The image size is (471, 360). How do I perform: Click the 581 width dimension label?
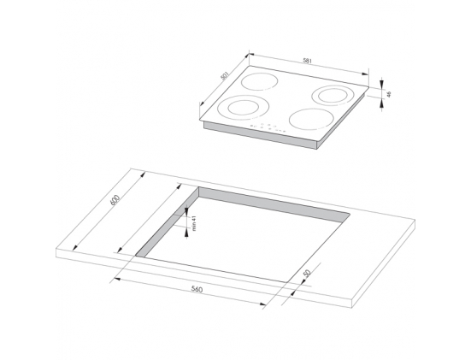[x=308, y=61]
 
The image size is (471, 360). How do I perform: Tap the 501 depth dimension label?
[x=225, y=76]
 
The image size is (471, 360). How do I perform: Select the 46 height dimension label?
[x=389, y=94]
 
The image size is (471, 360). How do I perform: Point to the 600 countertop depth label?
[x=115, y=200]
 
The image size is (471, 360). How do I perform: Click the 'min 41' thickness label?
[x=194, y=223]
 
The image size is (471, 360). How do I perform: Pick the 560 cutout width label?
[x=197, y=289]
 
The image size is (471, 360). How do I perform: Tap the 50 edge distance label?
[x=307, y=273]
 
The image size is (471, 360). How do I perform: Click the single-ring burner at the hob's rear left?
[x=259, y=81]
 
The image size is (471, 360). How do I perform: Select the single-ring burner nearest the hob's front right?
[x=311, y=119]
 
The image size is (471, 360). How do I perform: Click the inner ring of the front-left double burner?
[x=244, y=108]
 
